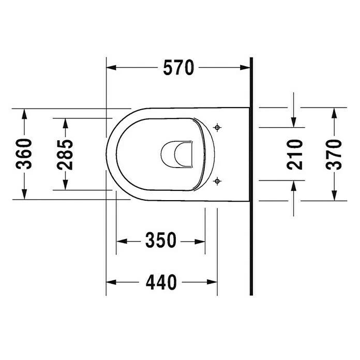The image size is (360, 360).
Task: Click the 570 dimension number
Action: [x=178, y=67]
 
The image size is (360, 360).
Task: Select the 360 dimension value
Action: [x=24, y=154]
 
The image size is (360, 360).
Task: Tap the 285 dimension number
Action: [x=65, y=154]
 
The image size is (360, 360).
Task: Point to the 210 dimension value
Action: [x=294, y=154]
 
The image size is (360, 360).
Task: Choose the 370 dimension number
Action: [x=334, y=154]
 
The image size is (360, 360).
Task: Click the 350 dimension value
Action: [x=161, y=240]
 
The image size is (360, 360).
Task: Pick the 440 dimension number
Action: [x=161, y=282]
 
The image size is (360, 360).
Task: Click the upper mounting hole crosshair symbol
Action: [x=217, y=127]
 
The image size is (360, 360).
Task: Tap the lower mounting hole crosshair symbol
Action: [x=217, y=181]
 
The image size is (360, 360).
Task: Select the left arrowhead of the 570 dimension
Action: [x=111, y=67]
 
